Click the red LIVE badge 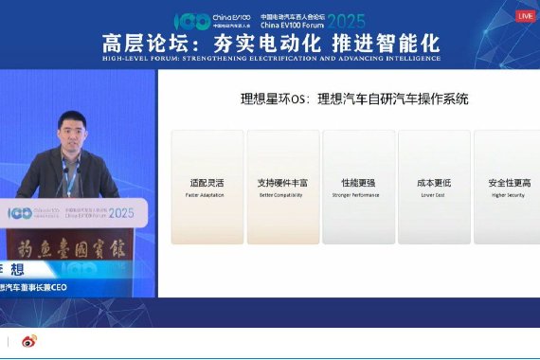525,16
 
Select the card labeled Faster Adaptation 206,187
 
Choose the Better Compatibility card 281,187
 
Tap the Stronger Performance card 357,187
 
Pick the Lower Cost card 433,187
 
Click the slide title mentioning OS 353,99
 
